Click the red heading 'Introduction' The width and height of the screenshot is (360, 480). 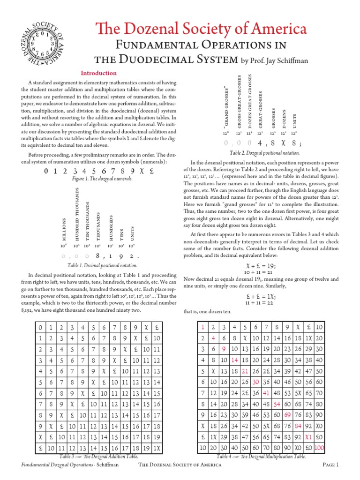coord(98,73)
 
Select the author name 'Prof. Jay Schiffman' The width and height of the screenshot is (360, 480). coord(277,60)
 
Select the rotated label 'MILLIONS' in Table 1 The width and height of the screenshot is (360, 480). coord(64,230)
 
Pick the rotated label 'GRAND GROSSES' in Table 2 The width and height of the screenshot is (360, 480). coord(226,107)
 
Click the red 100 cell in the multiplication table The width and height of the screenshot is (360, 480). coord(320,448)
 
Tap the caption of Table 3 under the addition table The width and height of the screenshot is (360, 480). coord(98,456)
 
